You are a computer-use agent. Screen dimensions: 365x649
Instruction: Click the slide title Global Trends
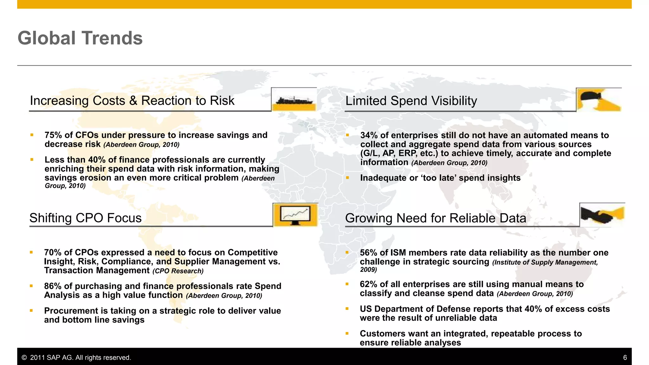tap(80, 38)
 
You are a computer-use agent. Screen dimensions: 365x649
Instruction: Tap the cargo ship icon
tap(294, 100)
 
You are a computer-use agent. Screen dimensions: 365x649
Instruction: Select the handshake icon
tap(602, 215)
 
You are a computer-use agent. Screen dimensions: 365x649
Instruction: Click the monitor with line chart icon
tap(295, 215)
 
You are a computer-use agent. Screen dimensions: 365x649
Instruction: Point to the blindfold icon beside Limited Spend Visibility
tap(598, 100)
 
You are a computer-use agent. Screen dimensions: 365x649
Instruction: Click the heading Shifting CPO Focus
tap(85, 218)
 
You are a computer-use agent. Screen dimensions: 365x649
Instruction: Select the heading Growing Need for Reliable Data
tap(435, 218)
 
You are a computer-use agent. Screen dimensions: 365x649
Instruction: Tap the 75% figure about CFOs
tap(53, 135)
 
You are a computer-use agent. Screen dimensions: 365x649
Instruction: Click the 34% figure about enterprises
tap(369, 135)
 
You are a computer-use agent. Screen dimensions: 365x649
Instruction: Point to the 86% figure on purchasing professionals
tap(53, 286)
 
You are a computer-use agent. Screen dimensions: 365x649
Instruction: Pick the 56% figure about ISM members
tap(369, 253)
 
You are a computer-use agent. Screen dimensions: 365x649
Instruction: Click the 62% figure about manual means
tap(369, 284)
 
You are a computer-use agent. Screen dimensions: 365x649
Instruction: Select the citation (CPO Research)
tap(178, 271)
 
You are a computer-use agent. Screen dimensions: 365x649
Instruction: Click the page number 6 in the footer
tap(625, 357)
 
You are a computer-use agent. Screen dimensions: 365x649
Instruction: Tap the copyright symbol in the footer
tap(24, 358)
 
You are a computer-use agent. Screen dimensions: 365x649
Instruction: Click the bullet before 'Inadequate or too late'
tap(347, 178)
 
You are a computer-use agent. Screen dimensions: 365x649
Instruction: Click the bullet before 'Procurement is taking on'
tap(31, 311)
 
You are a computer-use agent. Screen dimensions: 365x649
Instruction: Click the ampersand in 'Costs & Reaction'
tap(133, 101)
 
